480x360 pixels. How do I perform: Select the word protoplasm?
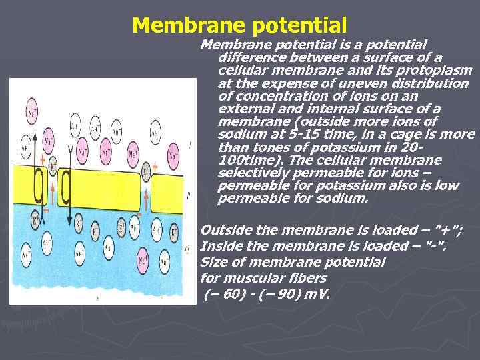point(437,71)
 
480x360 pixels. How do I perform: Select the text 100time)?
point(244,160)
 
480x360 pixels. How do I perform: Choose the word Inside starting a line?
point(221,246)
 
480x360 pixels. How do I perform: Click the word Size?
point(213,262)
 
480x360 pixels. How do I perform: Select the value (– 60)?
point(225,294)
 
